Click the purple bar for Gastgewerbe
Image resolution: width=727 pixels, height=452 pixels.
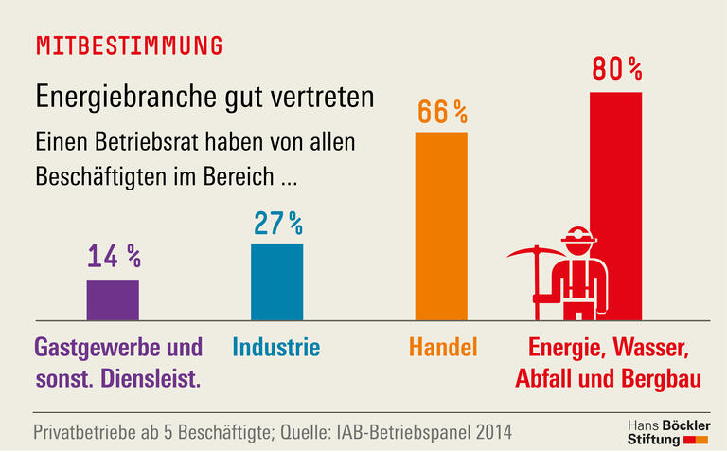113,299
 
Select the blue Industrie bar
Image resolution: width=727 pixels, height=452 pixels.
276,281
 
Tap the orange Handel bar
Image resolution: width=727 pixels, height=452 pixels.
441,226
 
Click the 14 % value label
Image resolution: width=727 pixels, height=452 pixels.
114,257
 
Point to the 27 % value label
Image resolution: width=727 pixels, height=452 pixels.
277,223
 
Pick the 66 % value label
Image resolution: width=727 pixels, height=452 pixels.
442,112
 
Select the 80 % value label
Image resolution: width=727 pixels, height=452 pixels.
616,69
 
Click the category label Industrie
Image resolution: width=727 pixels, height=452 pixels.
276,347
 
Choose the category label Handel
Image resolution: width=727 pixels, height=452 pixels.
443,347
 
